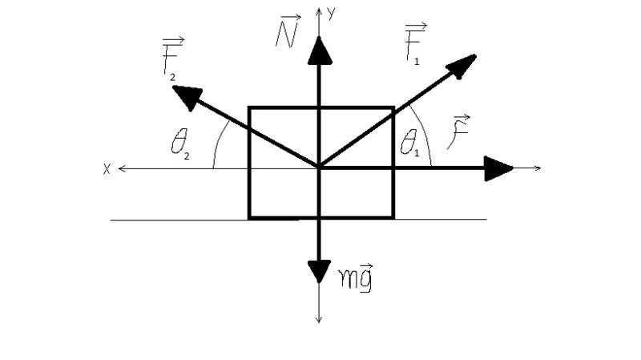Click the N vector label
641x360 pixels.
(x=288, y=31)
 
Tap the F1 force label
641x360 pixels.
(x=416, y=44)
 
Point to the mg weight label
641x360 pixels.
(x=356, y=277)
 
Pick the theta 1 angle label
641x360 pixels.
(x=410, y=143)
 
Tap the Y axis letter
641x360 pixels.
(x=331, y=14)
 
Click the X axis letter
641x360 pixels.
(x=107, y=169)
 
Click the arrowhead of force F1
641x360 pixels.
(x=462, y=66)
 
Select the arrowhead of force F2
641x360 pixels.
(x=187, y=97)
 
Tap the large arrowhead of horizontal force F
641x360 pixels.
(x=498, y=168)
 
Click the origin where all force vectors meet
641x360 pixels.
(x=319, y=168)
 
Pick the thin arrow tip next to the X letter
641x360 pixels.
(x=119, y=168)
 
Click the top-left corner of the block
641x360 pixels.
(x=249, y=107)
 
